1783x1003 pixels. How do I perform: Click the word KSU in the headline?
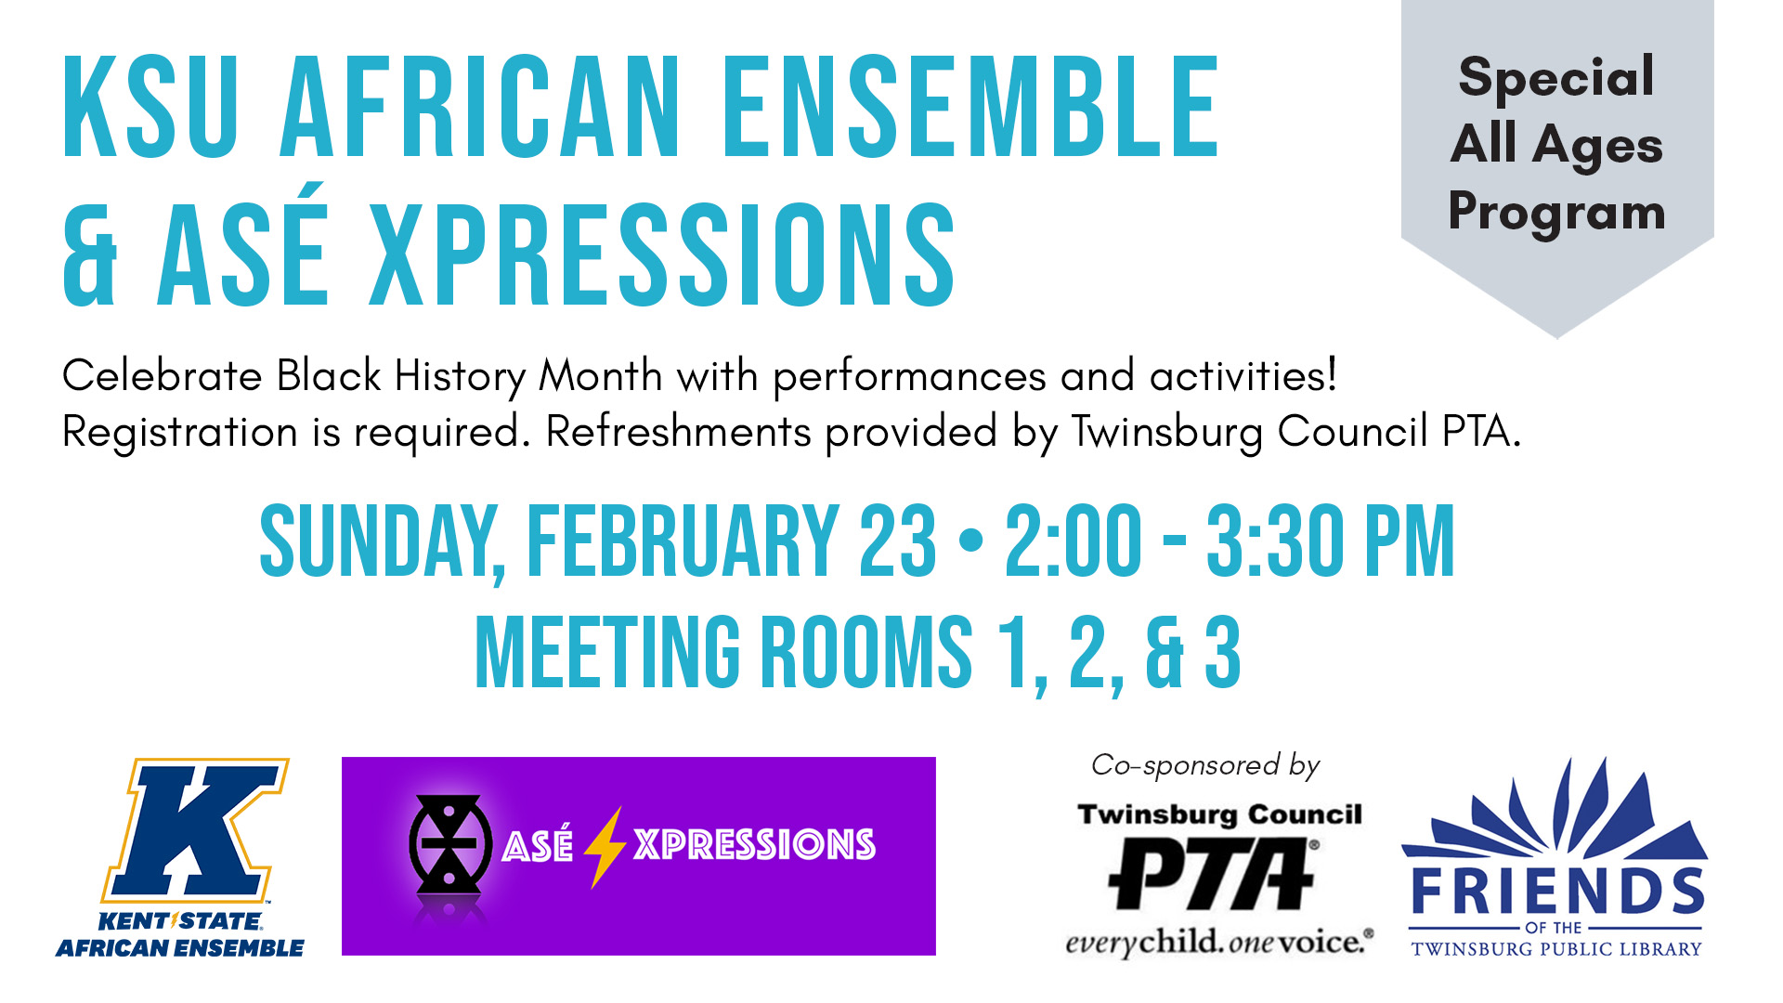click(x=151, y=108)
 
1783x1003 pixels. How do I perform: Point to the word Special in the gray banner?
click(x=1556, y=76)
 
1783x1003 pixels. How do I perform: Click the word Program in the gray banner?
click(x=1556, y=213)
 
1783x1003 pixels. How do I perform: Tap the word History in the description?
click(x=460, y=377)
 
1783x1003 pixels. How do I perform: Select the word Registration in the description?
click(x=179, y=433)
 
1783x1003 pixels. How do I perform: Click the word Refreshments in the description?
click(x=678, y=432)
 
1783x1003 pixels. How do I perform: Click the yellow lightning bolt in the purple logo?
click(x=604, y=846)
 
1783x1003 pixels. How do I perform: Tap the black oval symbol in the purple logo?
click(x=450, y=844)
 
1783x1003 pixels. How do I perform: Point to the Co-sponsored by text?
click(x=1204, y=765)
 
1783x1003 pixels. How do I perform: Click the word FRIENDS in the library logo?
click(x=1556, y=892)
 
